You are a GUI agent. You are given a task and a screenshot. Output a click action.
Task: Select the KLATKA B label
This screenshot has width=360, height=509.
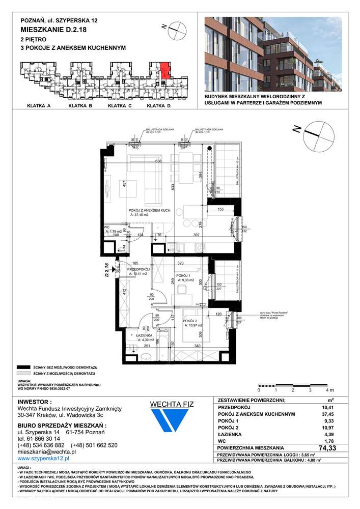pos(79,106)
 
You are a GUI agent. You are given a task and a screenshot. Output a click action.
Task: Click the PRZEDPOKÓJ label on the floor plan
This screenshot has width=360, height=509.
pos(137,269)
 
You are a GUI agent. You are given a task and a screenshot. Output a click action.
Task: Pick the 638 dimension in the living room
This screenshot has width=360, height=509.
pos(158,161)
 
